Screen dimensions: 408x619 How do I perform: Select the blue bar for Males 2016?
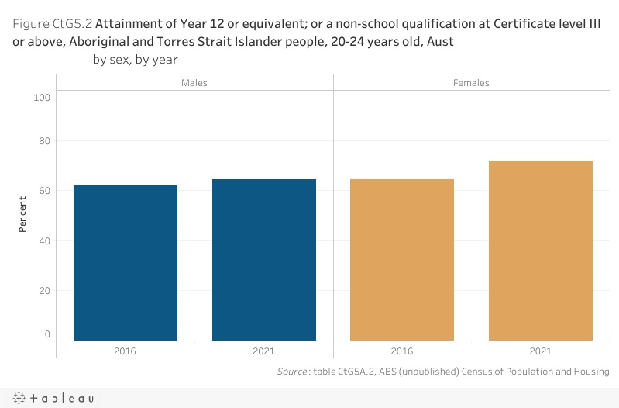point(126,262)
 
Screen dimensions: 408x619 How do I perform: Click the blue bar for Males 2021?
point(264,260)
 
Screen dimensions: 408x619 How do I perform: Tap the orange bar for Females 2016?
point(402,260)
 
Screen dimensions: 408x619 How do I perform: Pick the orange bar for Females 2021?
point(541,251)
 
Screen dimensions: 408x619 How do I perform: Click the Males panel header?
point(194,82)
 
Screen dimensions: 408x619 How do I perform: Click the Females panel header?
point(471,82)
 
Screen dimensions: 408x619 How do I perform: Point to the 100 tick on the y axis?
point(42,98)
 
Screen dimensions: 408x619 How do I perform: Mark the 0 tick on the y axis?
point(47,334)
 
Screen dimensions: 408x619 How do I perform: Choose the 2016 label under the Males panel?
point(126,351)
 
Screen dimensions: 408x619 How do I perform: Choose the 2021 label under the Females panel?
point(541,351)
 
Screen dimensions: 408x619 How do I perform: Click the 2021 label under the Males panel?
point(264,351)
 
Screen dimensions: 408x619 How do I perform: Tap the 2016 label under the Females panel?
point(402,351)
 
